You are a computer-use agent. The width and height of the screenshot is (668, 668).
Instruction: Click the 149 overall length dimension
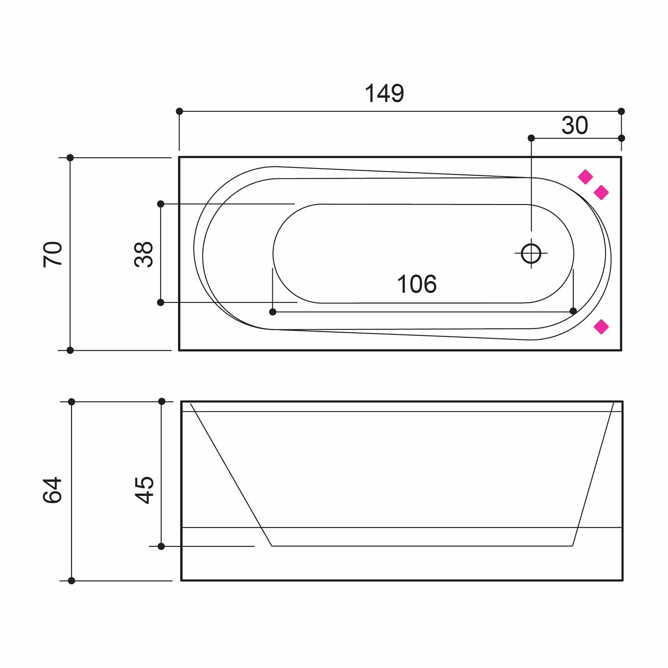coord(384,93)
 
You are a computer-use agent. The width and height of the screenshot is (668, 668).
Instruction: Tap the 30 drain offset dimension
coord(574,125)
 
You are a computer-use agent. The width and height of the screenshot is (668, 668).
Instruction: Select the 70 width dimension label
coord(53,255)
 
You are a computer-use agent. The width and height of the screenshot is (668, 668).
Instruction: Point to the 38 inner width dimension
coord(143,255)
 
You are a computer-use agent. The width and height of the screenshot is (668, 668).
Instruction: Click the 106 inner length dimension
coord(417,284)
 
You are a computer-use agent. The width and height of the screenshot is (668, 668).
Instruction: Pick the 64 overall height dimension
coord(52,490)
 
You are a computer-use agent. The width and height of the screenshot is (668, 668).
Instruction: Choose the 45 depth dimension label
coord(144,490)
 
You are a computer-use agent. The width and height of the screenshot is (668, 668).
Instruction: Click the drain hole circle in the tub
coord(531,253)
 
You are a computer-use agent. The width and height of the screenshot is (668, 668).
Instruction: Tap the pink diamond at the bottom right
coord(601,327)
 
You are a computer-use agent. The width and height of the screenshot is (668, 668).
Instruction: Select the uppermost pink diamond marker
coord(585,177)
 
